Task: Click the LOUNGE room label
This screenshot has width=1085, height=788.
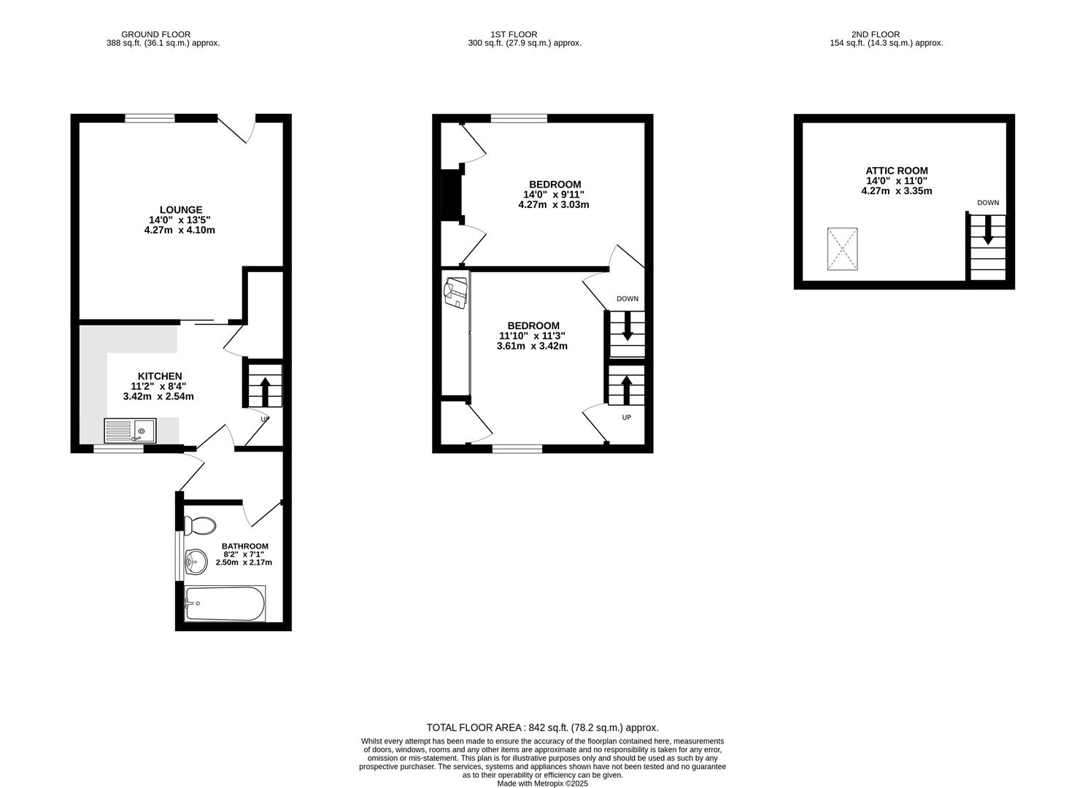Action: coord(181,209)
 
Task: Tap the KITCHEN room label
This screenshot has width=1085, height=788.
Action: coord(160,376)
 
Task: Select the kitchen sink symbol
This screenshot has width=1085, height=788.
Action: coord(130,430)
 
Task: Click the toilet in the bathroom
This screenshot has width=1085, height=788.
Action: coord(200,525)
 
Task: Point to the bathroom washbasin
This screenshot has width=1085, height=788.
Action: coord(196,561)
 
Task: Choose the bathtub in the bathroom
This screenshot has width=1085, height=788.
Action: coord(225,603)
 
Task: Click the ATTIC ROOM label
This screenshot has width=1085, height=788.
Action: coord(897,171)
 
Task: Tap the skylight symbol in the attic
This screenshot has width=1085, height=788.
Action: coord(842,249)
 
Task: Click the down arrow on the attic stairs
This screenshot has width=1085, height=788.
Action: coord(988,230)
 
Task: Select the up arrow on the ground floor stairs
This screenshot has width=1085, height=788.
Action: coord(264,390)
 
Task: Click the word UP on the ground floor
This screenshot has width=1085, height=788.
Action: coord(265,419)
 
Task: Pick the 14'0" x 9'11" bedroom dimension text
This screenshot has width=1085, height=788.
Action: coord(554,194)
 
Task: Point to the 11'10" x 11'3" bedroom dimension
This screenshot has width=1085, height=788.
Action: coord(532,336)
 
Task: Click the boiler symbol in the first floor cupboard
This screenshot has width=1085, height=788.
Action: coord(455,292)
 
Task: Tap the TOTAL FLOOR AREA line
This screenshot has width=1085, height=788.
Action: coord(542,727)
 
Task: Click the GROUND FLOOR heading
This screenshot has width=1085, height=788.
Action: coord(155,34)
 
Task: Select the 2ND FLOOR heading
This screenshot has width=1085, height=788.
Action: coord(886,34)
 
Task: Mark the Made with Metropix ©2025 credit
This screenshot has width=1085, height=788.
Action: coord(542,784)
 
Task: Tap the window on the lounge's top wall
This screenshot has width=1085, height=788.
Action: coord(150,117)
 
